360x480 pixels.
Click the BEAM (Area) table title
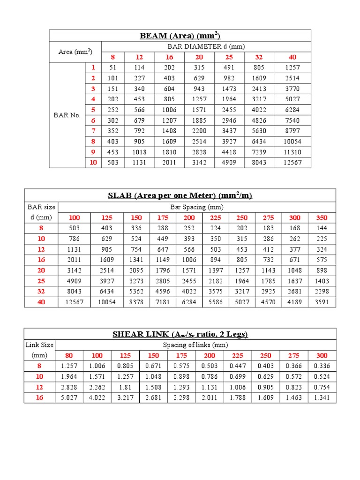coord(180,36)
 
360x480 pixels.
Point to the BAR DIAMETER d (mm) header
coord(206,46)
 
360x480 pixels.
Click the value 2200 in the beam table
coord(199,131)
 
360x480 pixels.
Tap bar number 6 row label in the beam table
coord(93,120)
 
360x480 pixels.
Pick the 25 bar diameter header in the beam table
coord(229,57)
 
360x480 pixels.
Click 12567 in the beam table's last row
coord(292,163)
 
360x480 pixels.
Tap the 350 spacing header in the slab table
coord(322,217)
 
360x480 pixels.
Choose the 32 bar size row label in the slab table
coord(41,292)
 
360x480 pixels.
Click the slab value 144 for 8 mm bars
coord(322,228)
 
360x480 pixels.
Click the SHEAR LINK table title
coord(180,334)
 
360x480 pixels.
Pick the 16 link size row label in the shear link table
coord(39,398)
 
